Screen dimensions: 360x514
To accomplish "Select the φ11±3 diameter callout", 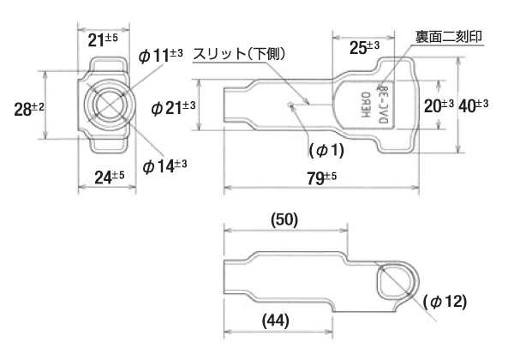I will click(160, 57).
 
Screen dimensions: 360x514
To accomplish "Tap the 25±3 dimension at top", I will click(365, 49).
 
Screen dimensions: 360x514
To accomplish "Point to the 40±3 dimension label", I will click(474, 105).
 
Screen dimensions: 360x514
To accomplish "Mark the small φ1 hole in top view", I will click(292, 105).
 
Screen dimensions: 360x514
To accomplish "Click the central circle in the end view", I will click(107, 105).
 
